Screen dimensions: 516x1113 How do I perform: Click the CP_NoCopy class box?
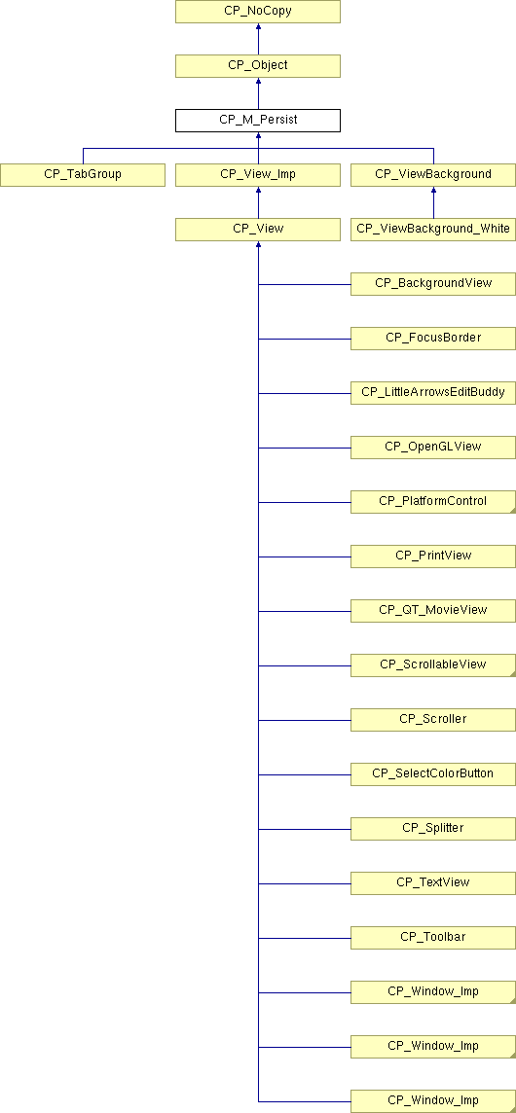(x=258, y=12)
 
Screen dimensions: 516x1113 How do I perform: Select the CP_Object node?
(x=258, y=65)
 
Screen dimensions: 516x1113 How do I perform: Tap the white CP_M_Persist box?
(x=258, y=120)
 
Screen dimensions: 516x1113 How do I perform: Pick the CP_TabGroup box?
(x=83, y=174)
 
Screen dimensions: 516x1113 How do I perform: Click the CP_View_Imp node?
(x=258, y=174)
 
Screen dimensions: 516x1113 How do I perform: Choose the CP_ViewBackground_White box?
(x=433, y=230)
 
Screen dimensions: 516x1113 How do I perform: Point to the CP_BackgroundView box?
(x=433, y=284)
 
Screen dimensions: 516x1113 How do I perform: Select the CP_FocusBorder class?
(x=433, y=338)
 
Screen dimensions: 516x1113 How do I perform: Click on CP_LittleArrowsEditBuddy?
(x=433, y=392)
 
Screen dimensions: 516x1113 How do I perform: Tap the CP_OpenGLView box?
(x=433, y=448)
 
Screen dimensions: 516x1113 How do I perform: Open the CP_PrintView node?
(x=433, y=556)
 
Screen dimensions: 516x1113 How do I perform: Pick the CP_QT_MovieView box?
(x=433, y=610)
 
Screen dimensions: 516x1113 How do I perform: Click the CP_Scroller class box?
(x=433, y=720)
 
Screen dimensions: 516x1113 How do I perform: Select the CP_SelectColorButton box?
(x=433, y=774)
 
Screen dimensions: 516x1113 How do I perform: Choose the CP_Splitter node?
(x=433, y=828)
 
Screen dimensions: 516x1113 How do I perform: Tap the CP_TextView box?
(x=433, y=883)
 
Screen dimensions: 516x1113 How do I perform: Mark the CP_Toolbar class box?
(x=433, y=938)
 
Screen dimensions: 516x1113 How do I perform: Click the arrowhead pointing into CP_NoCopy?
(x=258, y=27)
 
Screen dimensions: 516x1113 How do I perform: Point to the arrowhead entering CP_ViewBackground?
(x=433, y=191)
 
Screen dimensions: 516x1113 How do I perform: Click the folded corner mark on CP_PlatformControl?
(x=511, y=509)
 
